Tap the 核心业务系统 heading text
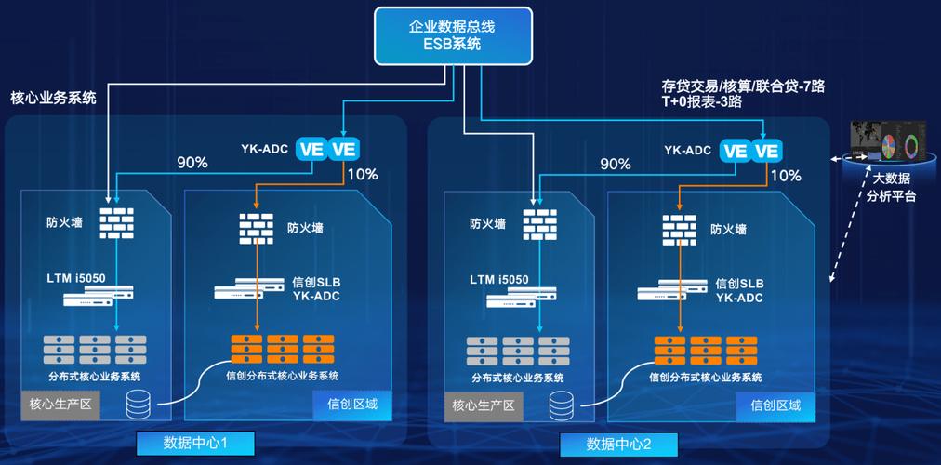pyautogui.click(x=53, y=97)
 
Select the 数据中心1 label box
pyautogui.click(x=195, y=442)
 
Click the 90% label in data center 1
pyautogui.click(x=192, y=163)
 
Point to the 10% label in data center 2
pyautogui.click(x=786, y=175)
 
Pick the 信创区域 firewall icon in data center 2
pyautogui.click(x=680, y=228)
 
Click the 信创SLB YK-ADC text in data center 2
pyautogui.click(x=739, y=290)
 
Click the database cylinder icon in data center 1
pyautogui.click(x=139, y=405)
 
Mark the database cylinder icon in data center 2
pyautogui.click(x=563, y=405)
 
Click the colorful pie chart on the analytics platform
pyautogui.click(x=890, y=147)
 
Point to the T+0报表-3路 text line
pyautogui.click(x=701, y=103)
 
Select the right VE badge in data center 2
pyautogui.click(x=768, y=150)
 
